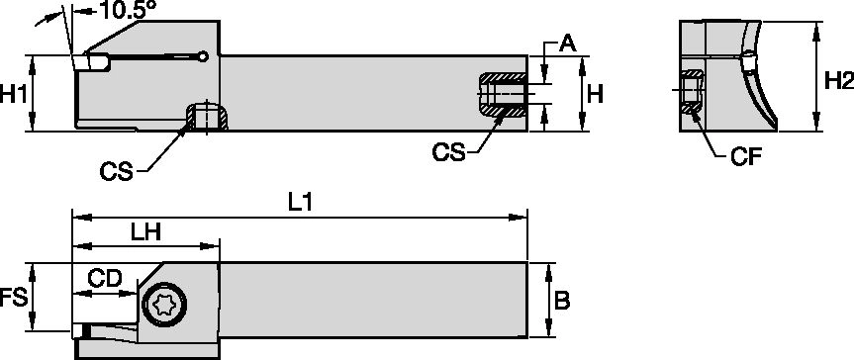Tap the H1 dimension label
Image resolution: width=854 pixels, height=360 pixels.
point(13,96)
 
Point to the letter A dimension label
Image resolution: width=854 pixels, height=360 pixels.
point(567,43)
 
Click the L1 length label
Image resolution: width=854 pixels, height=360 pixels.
point(302,202)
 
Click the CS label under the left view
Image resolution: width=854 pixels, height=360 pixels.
point(116,172)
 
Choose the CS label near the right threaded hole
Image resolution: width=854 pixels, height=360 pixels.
point(449,151)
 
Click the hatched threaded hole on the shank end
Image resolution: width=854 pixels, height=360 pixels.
point(500,96)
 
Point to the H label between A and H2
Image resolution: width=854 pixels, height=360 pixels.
point(595,95)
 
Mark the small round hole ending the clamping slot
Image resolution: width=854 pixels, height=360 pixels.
point(202,56)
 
